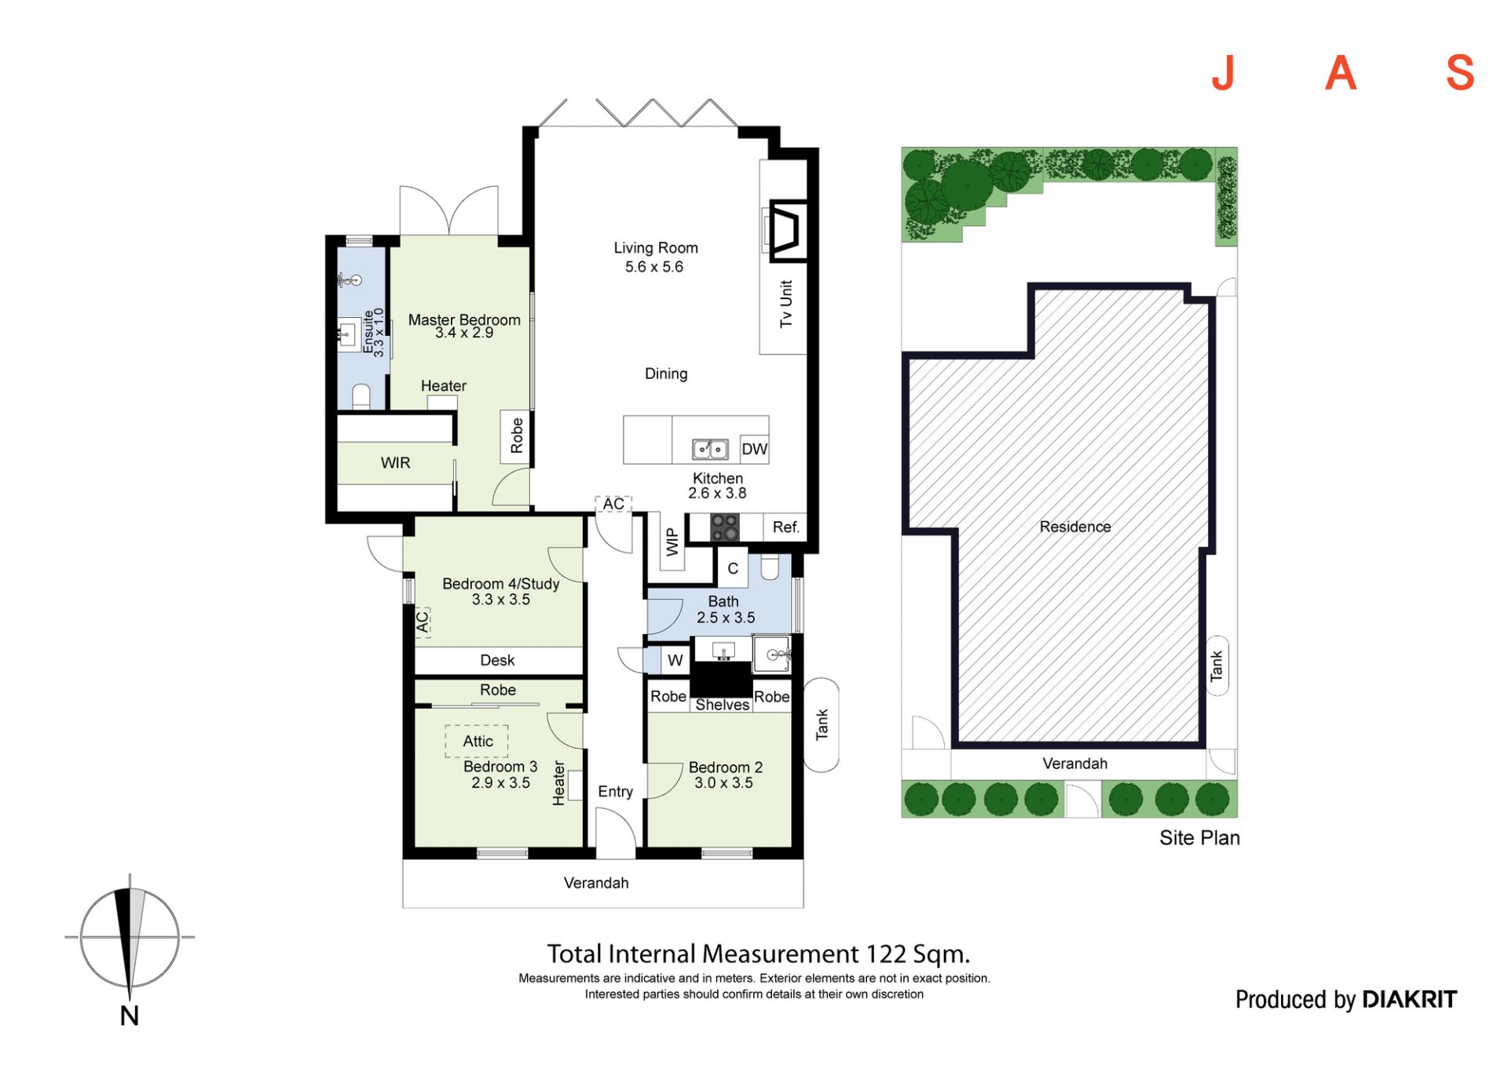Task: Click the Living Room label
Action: pos(656,248)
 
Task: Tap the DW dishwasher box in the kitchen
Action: pos(754,449)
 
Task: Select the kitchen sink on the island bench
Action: pos(709,449)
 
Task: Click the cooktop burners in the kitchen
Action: pos(724,527)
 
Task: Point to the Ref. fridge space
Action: pos(785,527)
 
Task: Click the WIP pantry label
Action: pos(672,542)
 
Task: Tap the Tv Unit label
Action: pos(786,304)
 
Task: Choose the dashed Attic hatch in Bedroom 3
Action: pos(477,741)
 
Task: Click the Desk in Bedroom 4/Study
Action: pos(498,661)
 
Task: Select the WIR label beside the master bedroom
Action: pos(395,463)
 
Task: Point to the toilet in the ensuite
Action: pos(361,396)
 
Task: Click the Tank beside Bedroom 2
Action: pos(822,725)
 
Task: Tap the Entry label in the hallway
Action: pos(615,792)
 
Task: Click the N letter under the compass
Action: pos(130,1016)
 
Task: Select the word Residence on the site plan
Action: pos(1075,527)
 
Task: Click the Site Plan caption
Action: pos(1199,838)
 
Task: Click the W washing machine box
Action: pos(675,661)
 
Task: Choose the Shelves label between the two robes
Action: pos(722,705)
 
